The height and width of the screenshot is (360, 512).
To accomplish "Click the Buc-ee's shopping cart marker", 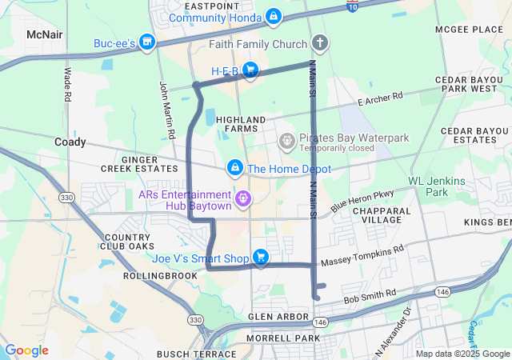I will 146,42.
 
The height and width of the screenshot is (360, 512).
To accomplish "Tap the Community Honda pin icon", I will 274,16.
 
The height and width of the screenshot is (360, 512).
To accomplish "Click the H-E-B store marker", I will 250,70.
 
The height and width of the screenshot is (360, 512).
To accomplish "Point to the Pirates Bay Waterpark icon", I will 286,142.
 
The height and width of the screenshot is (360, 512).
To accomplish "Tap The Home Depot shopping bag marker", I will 235,168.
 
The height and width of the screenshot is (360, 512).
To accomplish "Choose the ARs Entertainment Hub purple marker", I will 243,197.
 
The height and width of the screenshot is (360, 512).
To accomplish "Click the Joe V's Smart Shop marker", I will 260,257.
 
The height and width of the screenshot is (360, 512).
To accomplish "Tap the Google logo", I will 26,350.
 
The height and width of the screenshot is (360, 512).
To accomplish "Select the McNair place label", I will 44,35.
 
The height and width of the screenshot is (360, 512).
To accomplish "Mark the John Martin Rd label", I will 166,111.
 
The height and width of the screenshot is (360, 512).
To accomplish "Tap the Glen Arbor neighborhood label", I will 278,317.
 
